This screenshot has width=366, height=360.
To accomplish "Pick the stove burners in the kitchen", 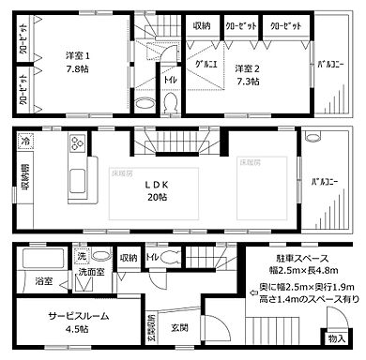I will point(76,144).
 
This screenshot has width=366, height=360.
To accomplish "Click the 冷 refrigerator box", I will point(24,143).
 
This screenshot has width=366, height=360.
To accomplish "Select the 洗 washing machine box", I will point(82,255).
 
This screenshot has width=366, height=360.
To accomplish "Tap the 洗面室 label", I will point(91,273).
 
